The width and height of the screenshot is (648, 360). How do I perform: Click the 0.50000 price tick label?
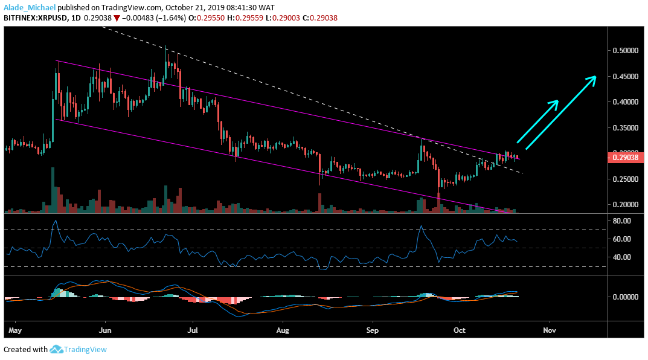tap(626, 51)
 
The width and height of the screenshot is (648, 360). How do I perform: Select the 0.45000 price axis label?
tap(626, 77)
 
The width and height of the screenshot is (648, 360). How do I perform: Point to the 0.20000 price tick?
tap(626, 205)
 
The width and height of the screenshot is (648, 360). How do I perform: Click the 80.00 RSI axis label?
tap(621, 222)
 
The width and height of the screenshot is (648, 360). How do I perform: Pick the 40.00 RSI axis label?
tap(621, 257)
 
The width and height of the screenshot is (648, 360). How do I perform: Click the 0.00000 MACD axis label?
tap(626, 297)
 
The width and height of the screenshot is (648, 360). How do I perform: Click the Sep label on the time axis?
tap(373, 331)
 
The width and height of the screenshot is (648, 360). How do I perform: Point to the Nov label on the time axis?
tap(549, 331)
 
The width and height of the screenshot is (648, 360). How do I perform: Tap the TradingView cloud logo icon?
tap(57, 349)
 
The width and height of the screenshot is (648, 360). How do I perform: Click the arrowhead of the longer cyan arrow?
tap(594, 77)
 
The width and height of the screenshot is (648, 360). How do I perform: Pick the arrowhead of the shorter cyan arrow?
tap(556, 101)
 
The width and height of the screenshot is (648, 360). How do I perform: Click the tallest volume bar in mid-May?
tap(53, 190)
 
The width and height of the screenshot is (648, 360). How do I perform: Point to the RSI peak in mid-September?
tap(420, 227)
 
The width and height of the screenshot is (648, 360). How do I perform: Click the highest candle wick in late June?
tap(166, 47)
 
